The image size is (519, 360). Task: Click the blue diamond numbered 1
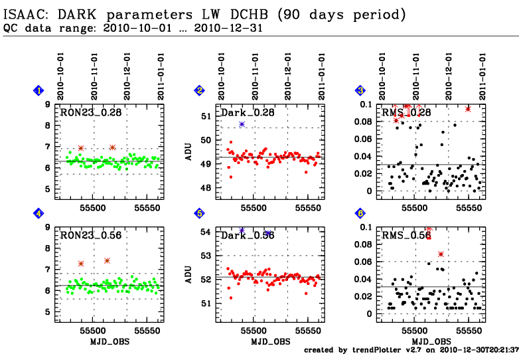(39, 91)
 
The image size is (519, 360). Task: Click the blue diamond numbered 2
(199, 91)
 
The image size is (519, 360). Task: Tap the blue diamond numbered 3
(360, 91)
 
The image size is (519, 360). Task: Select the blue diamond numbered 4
(39, 213)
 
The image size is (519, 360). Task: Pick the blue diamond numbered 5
(199, 213)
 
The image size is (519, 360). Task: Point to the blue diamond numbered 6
(360, 213)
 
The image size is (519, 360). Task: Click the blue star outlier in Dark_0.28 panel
(242, 124)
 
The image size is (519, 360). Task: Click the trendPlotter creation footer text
(411, 349)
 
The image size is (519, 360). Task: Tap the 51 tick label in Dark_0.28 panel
(205, 116)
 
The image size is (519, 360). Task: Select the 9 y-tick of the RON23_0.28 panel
(47, 104)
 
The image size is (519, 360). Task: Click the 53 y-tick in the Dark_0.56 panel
(205, 256)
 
